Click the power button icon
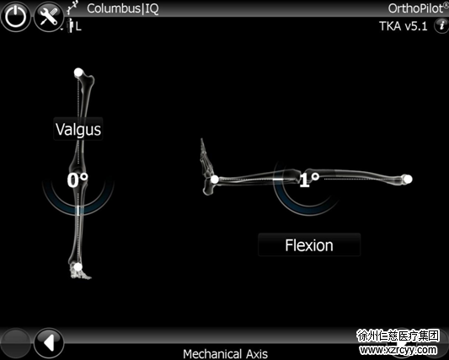point(15,16)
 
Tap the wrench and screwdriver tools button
point(49,16)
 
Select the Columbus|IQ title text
point(122,8)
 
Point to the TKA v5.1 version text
point(404,26)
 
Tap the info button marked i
point(441,26)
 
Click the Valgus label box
point(78,129)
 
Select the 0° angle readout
point(78,180)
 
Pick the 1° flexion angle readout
point(308,180)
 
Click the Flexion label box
point(309,245)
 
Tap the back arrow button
point(49,343)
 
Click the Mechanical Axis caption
point(226,354)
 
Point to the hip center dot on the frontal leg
point(78,73)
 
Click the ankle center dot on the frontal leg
point(78,267)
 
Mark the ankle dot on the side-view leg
point(215,180)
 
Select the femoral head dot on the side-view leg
point(408,180)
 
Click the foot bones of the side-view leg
point(207,166)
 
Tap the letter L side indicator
point(78,27)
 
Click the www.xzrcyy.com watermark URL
point(398,350)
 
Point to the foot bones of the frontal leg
point(79,271)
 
